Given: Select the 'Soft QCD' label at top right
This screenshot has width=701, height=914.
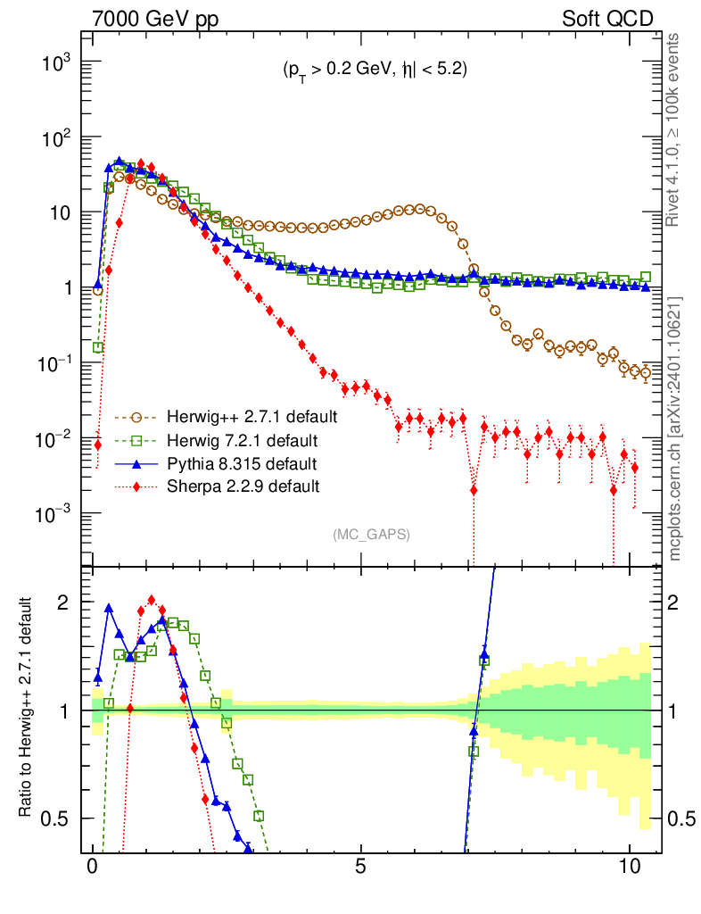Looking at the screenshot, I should click(x=607, y=19).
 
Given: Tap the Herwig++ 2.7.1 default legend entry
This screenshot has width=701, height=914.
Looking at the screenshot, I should click(x=241, y=417).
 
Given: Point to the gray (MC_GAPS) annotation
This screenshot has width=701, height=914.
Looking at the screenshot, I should click(x=371, y=534).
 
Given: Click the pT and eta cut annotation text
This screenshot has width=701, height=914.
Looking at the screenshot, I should click(x=369, y=71).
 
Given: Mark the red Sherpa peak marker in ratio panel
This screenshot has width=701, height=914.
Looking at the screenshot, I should click(x=152, y=601).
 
